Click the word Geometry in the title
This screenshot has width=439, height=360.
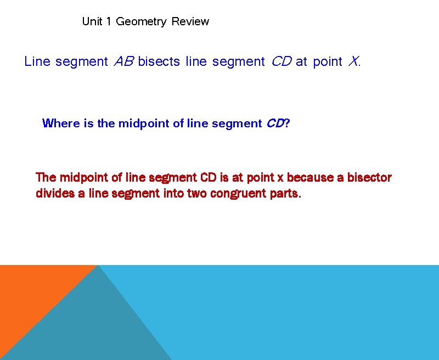pyautogui.click(x=141, y=22)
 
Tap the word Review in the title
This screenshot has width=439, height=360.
pyautogui.click(x=190, y=21)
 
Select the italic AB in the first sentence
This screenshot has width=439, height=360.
pyautogui.click(x=123, y=61)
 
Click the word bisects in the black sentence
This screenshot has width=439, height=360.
pyautogui.click(x=159, y=61)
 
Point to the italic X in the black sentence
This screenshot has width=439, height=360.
pyautogui.click(x=353, y=61)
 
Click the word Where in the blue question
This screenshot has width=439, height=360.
pyautogui.click(x=61, y=123)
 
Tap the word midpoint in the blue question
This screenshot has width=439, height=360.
pyautogui.click(x=143, y=123)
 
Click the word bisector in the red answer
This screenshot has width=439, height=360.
pyautogui.click(x=369, y=178)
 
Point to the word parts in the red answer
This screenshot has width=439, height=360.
pyautogui.click(x=284, y=194)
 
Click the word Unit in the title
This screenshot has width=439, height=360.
pyautogui.click(x=92, y=21)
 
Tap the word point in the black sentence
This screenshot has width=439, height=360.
pyautogui.click(x=328, y=61)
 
